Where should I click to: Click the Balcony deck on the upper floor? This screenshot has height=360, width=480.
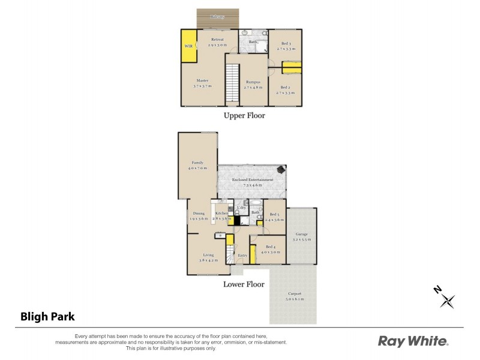(217, 17)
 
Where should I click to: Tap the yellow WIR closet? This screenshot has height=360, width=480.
(189, 46)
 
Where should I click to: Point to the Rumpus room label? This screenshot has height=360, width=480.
(253, 83)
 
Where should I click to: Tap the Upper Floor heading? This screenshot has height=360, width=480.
(244, 115)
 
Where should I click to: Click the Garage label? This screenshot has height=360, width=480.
(302, 236)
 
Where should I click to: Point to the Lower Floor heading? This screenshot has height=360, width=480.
(244, 284)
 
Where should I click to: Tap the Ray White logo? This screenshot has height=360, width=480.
(413, 341)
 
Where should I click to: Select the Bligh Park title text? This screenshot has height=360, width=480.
(47, 316)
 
